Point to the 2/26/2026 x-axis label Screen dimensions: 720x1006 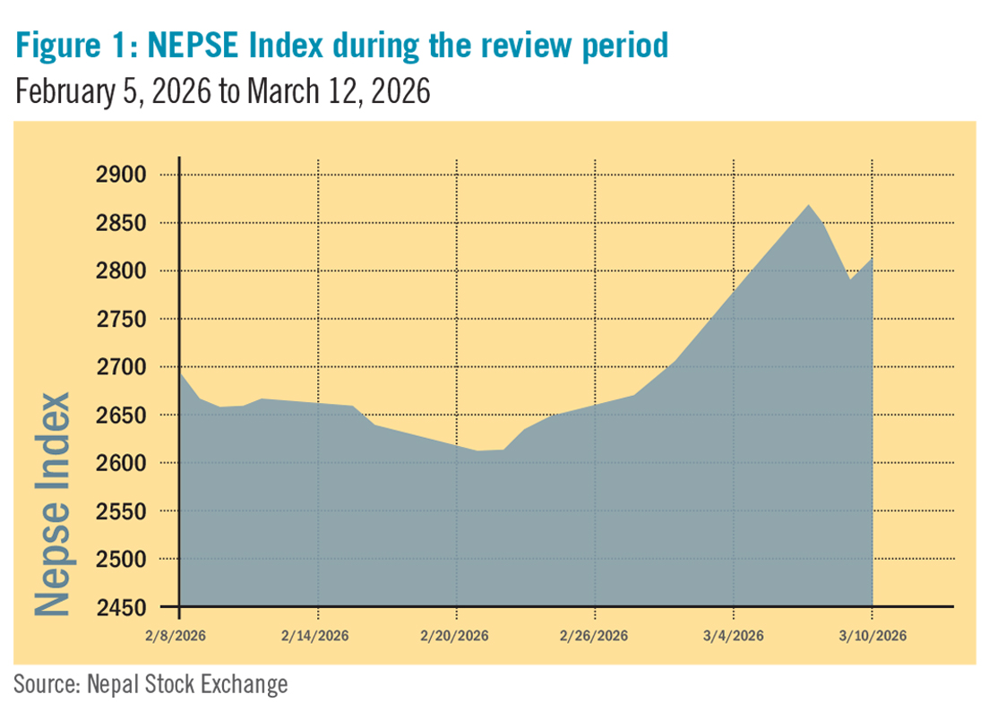595,636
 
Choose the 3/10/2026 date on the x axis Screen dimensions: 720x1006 873,636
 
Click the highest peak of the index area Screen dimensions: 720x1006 809,205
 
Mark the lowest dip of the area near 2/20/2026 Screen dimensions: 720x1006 479,451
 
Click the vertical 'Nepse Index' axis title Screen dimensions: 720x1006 54,503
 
